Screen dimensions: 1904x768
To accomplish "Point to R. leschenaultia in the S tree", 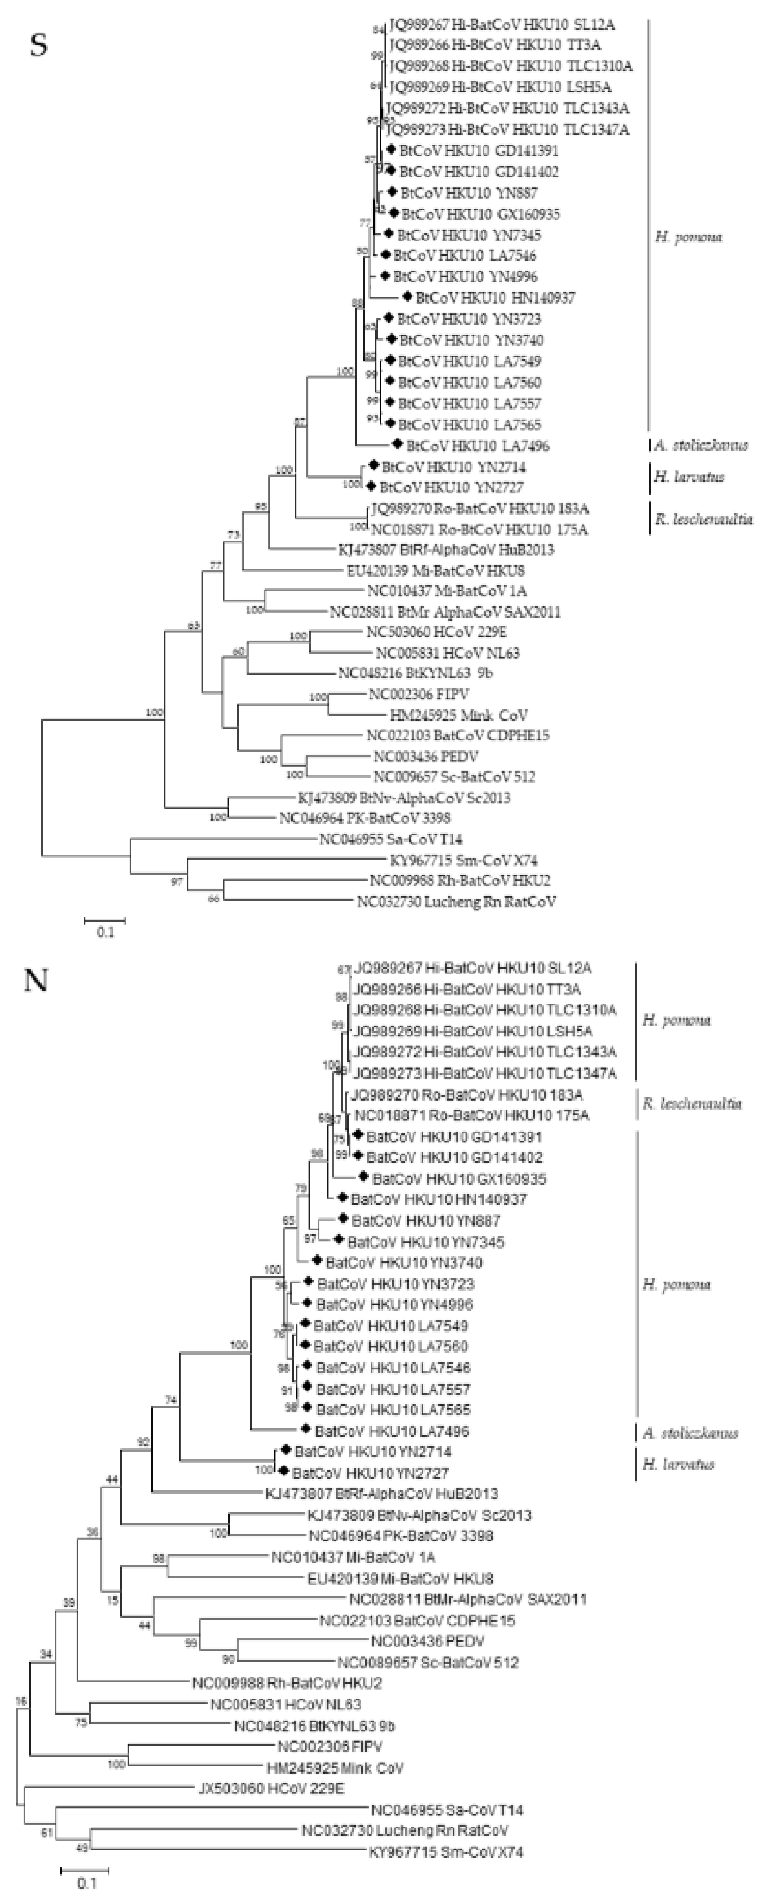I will click(x=703, y=519).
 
